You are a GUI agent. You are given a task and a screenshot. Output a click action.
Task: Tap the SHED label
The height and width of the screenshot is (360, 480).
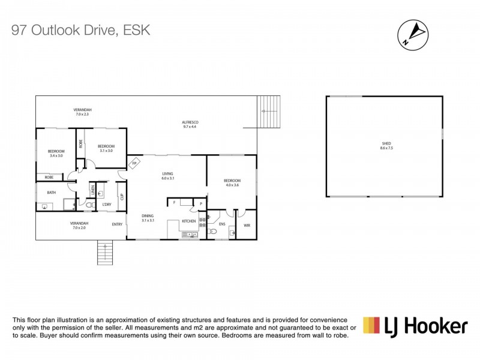(x=386, y=143)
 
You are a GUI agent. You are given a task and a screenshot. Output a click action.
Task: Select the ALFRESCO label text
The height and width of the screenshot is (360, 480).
(x=190, y=122)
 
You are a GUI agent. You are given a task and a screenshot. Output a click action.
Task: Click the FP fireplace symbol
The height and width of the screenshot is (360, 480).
(x=135, y=163)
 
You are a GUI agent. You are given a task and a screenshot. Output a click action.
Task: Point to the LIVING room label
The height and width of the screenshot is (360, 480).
(x=167, y=174)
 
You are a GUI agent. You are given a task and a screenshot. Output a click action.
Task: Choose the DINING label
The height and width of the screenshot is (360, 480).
(x=148, y=215)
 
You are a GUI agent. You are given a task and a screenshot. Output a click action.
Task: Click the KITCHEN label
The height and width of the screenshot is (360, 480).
(x=189, y=221)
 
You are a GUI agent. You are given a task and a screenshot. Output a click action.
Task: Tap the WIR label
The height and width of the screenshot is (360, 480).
(x=247, y=225)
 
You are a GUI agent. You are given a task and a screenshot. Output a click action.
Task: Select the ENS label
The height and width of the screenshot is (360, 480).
(x=222, y=224)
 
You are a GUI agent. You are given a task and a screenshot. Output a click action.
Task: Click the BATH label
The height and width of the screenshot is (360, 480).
(x=52, y=193)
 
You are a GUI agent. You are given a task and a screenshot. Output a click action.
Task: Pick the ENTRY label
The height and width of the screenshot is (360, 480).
(x=117, y=224)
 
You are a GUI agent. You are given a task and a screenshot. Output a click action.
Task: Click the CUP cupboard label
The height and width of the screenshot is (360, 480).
(x=122, y=197)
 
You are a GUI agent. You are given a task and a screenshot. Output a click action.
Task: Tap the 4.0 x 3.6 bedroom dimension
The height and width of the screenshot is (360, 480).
(x=232, y=185)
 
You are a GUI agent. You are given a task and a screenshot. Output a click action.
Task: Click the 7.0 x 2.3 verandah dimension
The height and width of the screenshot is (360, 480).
(x=82, y=114)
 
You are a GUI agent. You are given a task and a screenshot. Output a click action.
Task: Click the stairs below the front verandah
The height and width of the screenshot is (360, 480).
(x=105, y=253)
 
